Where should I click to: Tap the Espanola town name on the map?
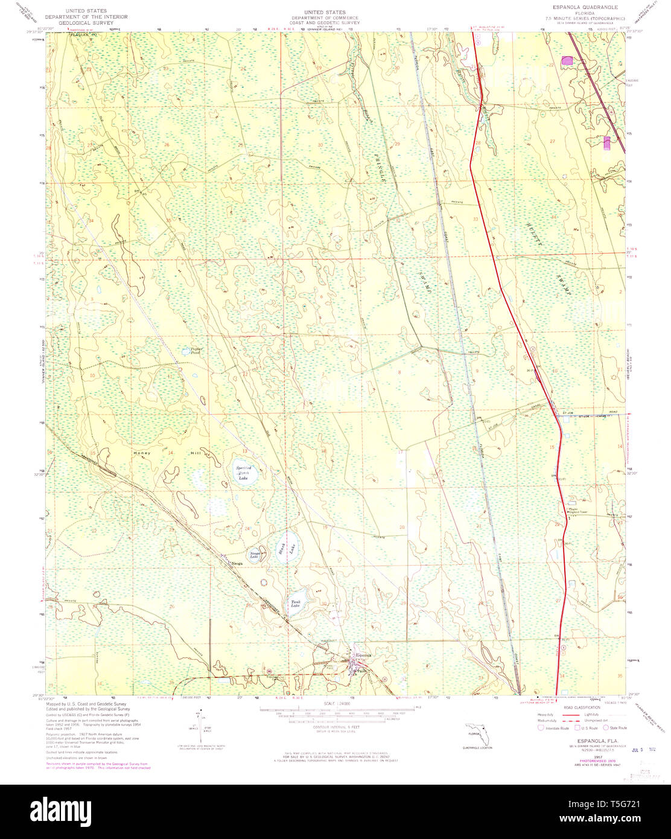(364, 656)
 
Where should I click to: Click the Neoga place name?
(237, 564)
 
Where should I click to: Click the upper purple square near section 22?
(567, 60)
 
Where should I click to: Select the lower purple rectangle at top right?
(607, 142)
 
